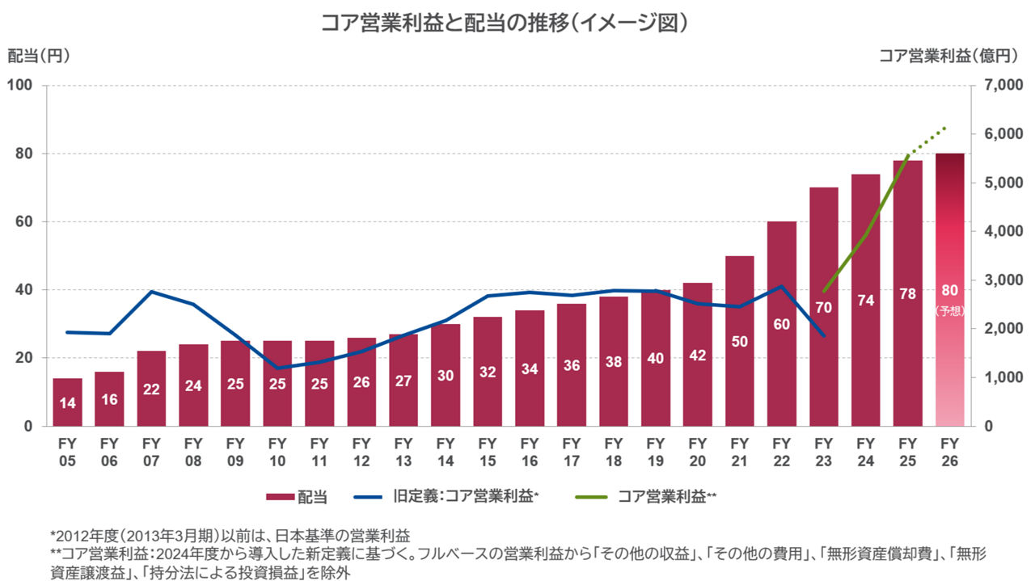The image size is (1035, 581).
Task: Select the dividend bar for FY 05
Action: pyautogui.click(x=68, y=402)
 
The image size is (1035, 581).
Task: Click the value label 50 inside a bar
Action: pyautogui.click(x=739, y=341)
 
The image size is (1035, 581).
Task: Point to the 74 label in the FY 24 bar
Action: pyautogui.click(x=865, y=301)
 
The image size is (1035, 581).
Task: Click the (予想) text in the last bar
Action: pyautogui.click(x=949, y=310)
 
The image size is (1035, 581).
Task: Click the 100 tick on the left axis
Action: pyautogui.click(x=20, y=86)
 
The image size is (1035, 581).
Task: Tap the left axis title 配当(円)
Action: pyautogui.click(x=39, y=56)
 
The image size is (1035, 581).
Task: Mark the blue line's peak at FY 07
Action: pyautogui.click(x=152, y=292)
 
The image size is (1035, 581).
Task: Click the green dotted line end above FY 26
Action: pyautogui.click(x=945, y=128)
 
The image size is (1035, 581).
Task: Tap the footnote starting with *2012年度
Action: pyautogui.click(x=230, y=535)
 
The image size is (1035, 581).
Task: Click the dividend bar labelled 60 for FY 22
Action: pyautogui.click(x=781, y=323)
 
